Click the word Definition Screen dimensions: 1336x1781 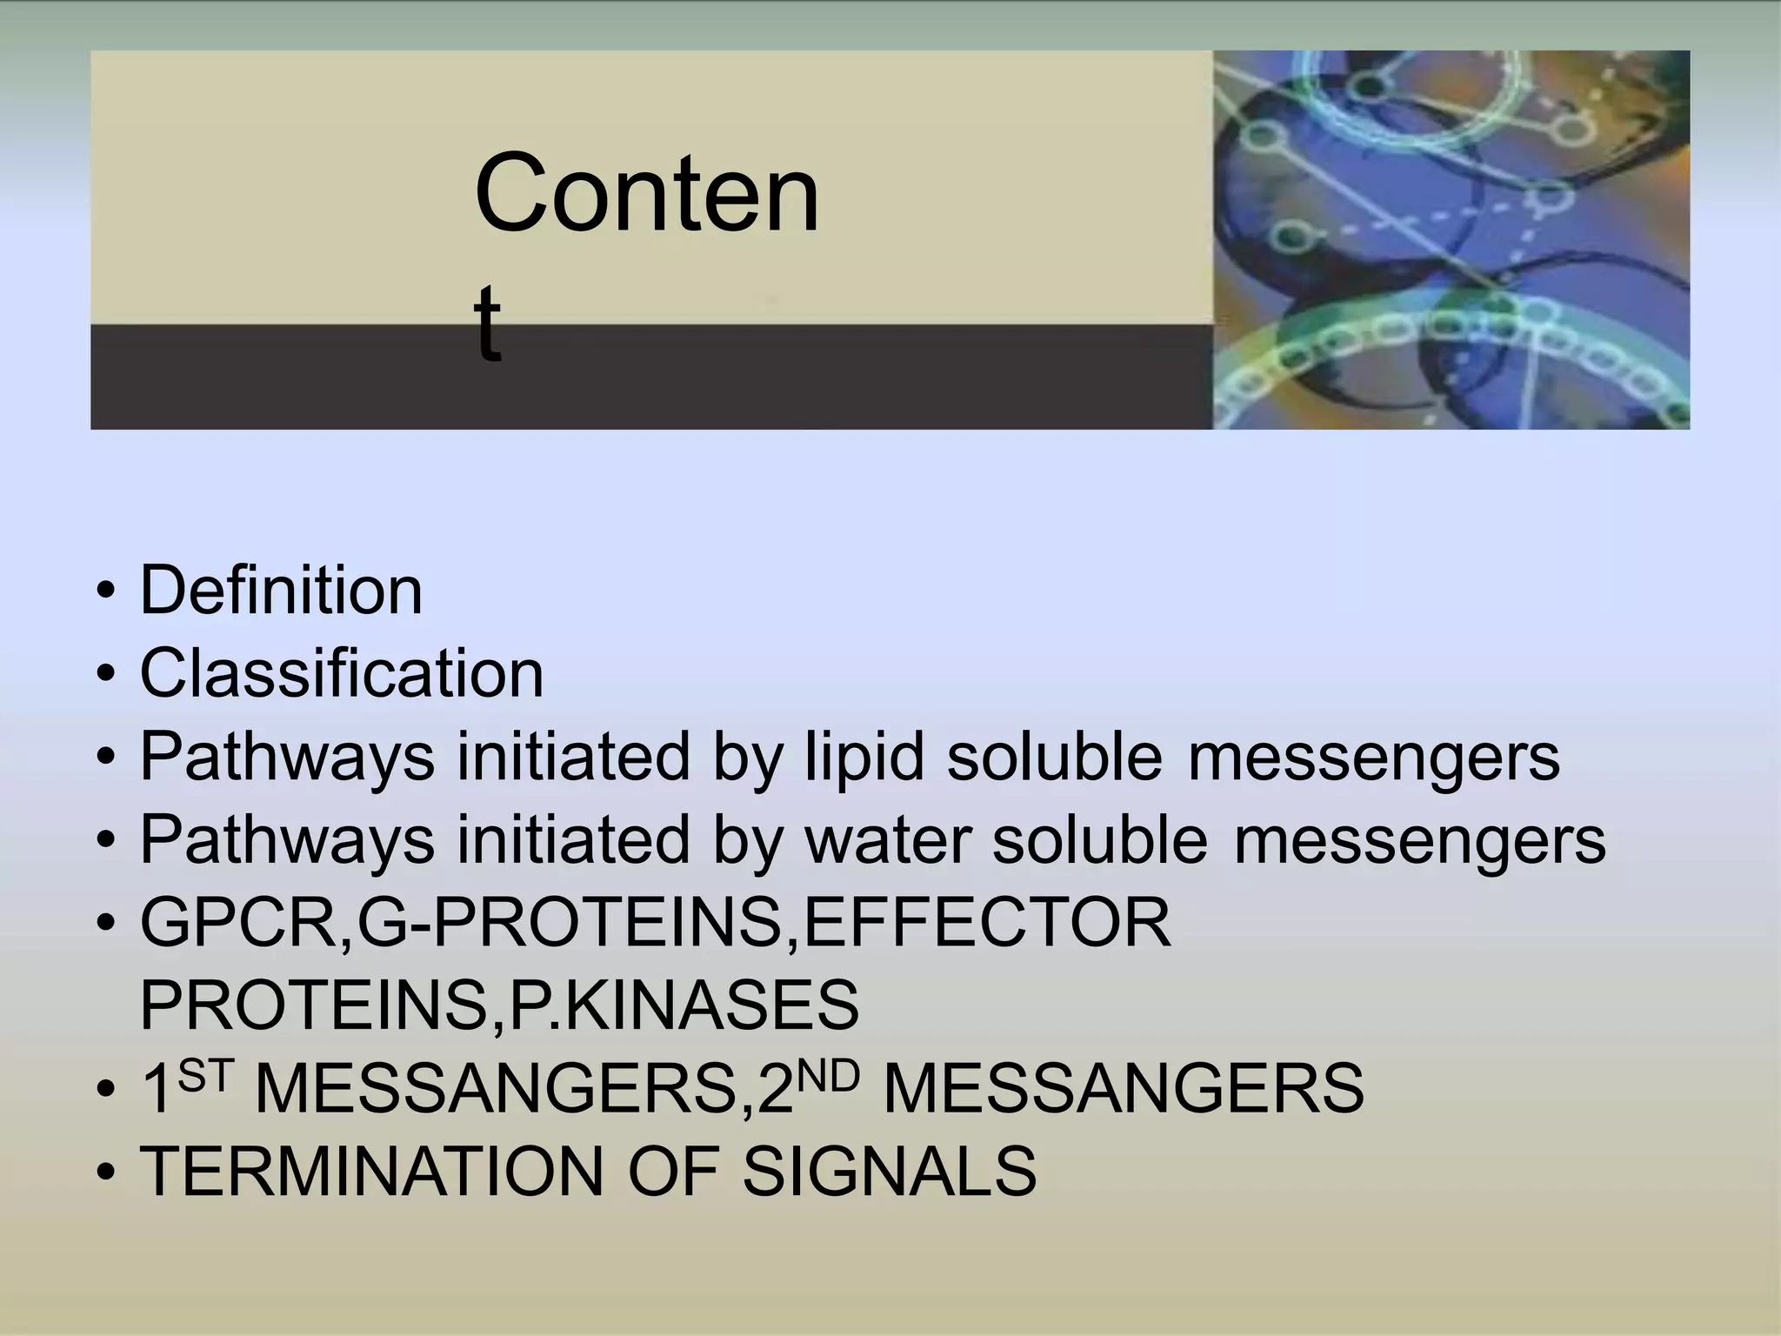281,591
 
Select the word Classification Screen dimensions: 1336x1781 342,674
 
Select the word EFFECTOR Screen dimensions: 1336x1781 987,923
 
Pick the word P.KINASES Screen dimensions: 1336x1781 684,1005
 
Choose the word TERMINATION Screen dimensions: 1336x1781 371,1172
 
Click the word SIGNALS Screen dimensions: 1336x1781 889,1172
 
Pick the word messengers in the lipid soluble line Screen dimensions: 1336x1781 1374,758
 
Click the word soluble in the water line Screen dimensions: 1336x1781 1100,840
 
